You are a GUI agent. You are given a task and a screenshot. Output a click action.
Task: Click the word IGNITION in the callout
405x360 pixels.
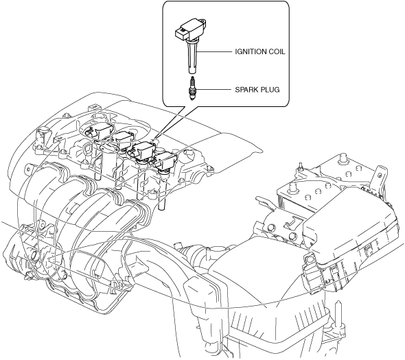click(x=251, y=51)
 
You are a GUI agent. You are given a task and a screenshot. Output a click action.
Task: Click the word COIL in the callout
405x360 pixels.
click(x=277, y=51)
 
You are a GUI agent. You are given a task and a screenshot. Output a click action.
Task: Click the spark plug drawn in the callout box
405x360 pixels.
click(x=192, y=88)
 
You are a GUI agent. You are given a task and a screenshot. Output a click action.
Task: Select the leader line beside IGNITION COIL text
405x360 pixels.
click(x=214, y=51)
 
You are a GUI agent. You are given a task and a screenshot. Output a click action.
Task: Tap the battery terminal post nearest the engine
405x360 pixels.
click(x=292, y=187)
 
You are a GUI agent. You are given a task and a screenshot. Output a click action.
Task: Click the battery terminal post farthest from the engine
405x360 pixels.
click(x=344, y=158)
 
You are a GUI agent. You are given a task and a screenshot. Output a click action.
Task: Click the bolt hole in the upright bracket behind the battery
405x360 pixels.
click(x=380, y=176)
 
